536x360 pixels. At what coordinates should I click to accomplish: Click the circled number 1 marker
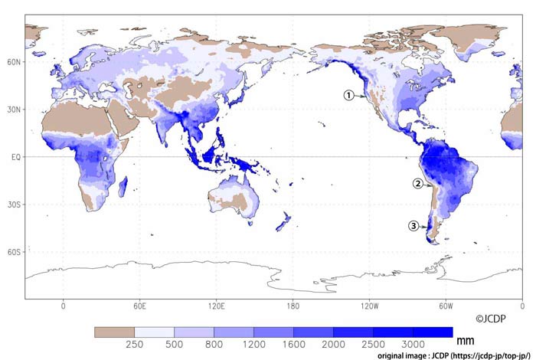(x=348, y=95)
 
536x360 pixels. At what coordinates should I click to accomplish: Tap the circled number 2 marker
(x=417, y=183)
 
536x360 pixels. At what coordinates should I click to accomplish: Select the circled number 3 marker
(x=413, y=226)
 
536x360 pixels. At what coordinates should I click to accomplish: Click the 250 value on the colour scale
(x=134, y=344)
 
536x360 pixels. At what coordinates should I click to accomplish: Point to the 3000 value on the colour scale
(x=413, y=344)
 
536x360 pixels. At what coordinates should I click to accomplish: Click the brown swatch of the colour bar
(x=114, y=332)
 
